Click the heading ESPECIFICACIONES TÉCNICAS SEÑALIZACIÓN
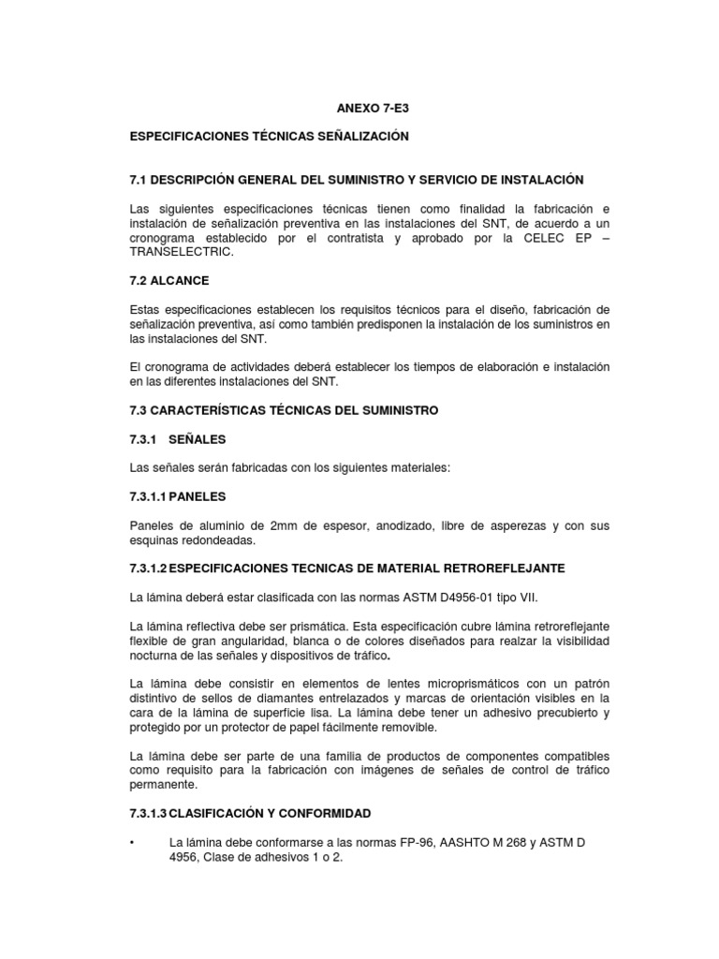click(269, 137)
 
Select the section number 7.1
click(139, 179)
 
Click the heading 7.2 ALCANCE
click(169, 280)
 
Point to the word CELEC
click(533, 238)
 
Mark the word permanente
click(161, 785)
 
